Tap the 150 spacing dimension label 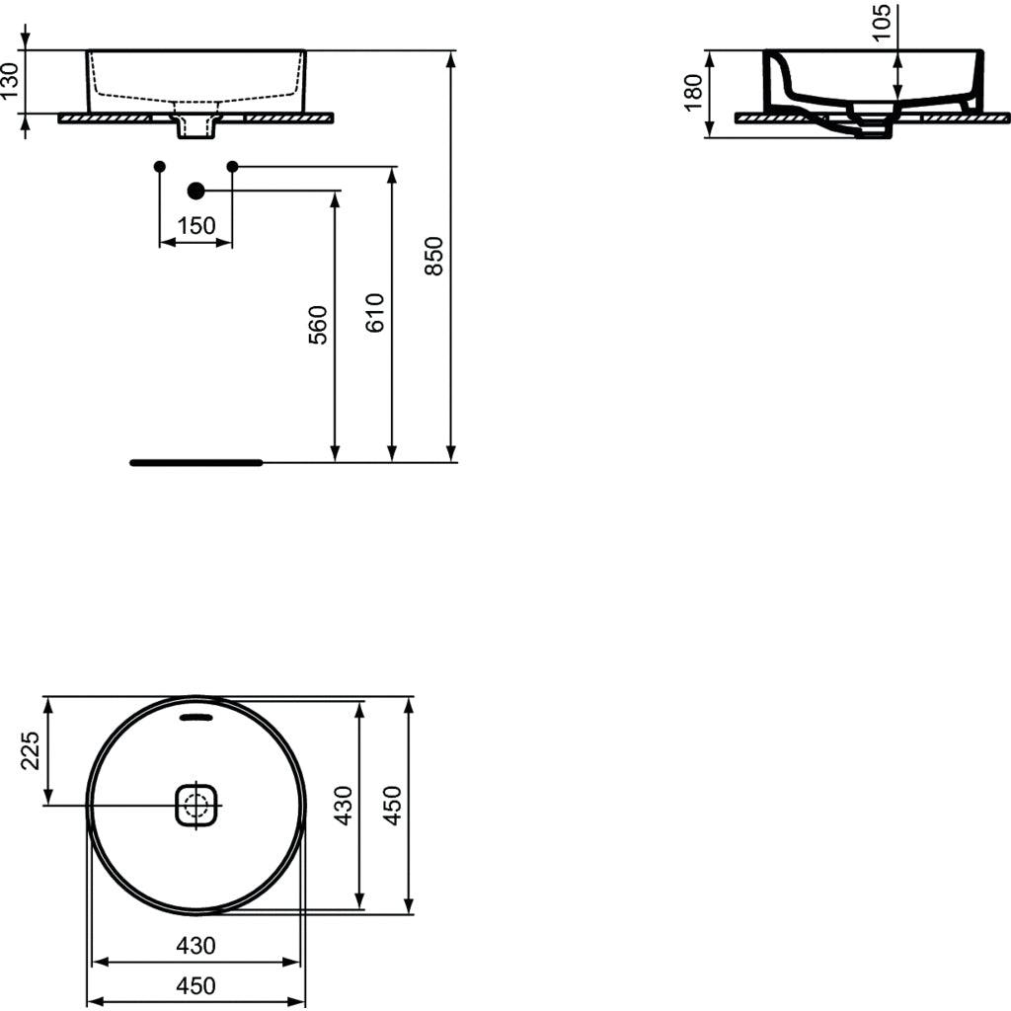(x=195, y=225)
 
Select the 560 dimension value (x=316, y=325)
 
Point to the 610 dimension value (x=374, y=313)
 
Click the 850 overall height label (x=432, y=256)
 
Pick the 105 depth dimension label (x=882, y=21)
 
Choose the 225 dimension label (x=30, y=751)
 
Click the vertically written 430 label (x=342, y=805)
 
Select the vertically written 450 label (x=393, y=805)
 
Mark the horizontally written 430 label (x=195, y=946)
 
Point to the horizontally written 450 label (x=195, y=985)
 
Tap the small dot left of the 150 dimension (x=160, y=166)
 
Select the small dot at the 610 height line (x=232, y=166)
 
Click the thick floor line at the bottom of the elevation (x=195, y=461)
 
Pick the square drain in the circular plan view (x=196, y=805)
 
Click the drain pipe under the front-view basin (x=195, y=125)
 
